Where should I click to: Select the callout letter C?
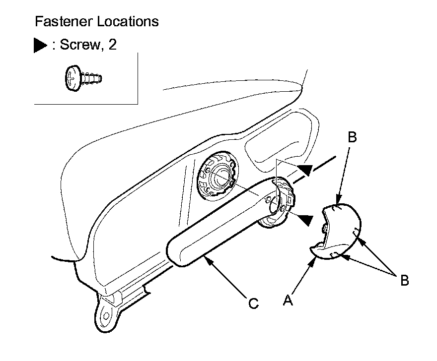coord(253,303)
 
